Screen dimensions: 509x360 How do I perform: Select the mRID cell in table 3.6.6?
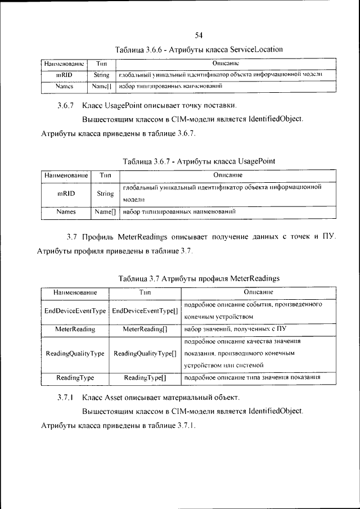click(64, 75)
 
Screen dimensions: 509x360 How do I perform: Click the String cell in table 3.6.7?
click(105, 193)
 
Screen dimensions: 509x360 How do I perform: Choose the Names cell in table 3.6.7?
click(66, 212)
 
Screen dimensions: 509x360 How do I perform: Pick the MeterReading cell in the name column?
click(75, 328)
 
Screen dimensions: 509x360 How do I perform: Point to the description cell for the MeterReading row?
click(252, 328)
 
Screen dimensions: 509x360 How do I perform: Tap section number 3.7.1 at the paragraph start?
click(66, 398)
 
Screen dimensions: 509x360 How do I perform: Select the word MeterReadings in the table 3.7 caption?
click(254, 278)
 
